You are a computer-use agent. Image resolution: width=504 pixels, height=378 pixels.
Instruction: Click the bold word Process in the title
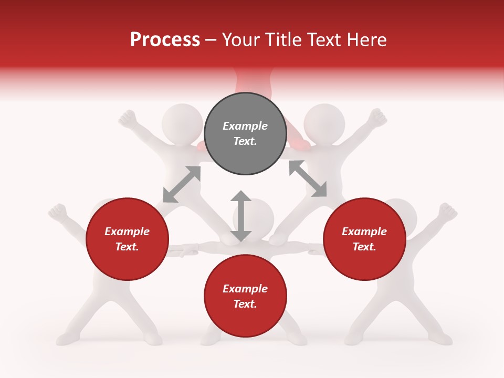point(165,39)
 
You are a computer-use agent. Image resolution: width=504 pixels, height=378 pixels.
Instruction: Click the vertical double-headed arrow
point(241,216)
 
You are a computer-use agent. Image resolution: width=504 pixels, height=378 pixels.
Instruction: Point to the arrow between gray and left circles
point(182,184)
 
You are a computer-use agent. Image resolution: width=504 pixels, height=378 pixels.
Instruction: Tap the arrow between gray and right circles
point(308,178)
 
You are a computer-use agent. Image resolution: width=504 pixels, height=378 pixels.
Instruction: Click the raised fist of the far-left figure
point(57,212)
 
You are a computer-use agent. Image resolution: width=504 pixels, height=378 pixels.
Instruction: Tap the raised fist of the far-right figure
point(447,212)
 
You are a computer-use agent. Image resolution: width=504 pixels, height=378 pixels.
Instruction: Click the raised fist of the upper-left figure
point(127,119)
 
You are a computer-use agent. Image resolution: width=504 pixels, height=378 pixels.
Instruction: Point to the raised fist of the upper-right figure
point(376,118)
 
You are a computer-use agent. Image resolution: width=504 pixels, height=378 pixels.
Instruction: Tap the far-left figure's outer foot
point(66,338)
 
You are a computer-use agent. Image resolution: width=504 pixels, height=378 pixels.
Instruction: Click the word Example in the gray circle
point(245,126)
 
